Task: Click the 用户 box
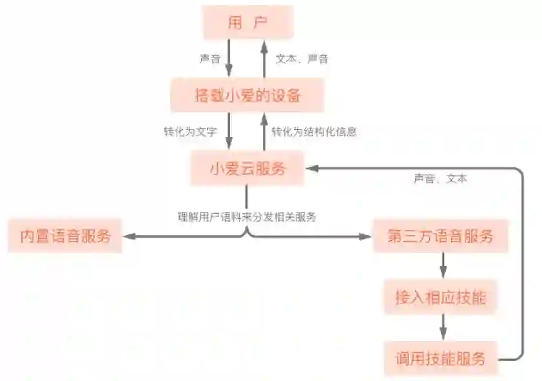(248, 23)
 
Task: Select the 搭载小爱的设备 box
(247, 96)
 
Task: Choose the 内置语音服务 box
(64, 236)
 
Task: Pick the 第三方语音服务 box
(441, 236)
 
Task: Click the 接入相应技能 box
(441, 298)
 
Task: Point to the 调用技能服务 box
(441, 358)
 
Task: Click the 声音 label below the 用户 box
(210, 59)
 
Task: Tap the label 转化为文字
(190, 132)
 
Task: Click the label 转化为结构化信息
(314, 132)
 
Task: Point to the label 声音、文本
(440, 179)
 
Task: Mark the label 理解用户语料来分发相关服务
(247, 217)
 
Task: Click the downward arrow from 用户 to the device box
(230, 59)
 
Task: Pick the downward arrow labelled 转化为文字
(230, 132)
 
